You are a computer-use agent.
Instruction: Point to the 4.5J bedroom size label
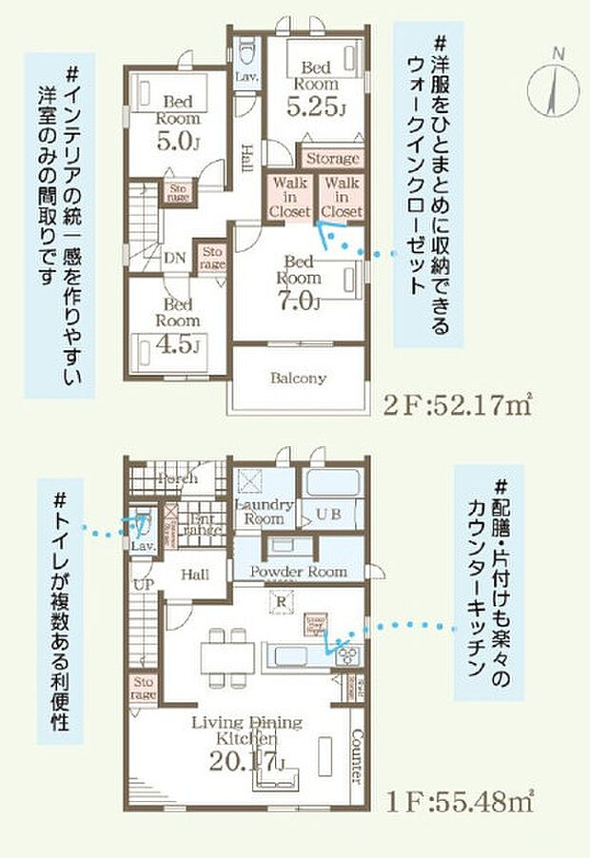179,342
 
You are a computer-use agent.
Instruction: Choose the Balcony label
298,378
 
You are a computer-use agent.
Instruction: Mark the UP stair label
144,582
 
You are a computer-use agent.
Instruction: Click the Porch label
178,478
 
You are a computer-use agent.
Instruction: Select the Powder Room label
299,571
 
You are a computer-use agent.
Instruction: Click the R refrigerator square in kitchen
282,600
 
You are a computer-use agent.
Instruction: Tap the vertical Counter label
356,756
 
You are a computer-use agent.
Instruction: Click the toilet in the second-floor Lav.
246,48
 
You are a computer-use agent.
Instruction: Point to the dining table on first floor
227,654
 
